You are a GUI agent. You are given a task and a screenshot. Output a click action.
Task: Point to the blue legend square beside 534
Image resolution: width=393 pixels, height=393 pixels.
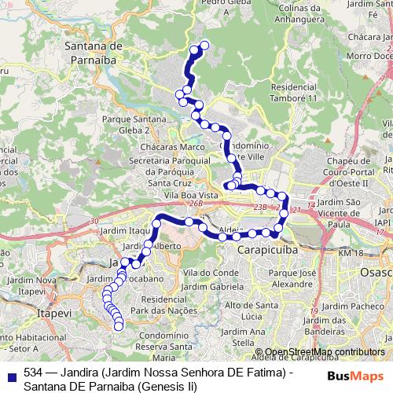(x=10, y=374)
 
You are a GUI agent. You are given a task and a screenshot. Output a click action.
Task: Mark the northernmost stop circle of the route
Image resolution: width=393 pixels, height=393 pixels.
(x=206, y=45)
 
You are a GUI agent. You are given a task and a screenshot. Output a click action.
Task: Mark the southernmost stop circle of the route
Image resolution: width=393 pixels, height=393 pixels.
(x=119, y=327)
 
